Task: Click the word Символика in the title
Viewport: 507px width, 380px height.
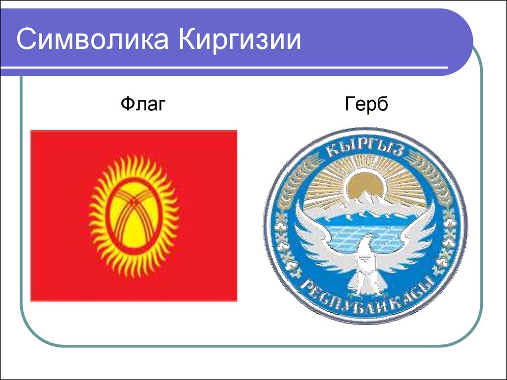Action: pos(93,40)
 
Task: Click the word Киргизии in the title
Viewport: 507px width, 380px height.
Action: pos(240,40)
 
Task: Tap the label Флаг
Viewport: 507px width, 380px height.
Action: pos(143,104)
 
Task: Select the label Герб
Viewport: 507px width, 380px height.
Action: pos(366,104)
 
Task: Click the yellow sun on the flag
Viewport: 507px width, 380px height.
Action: pos(134,216)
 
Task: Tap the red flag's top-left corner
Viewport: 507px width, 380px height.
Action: pos(30,131)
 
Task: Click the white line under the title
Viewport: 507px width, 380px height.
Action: pos(224,68)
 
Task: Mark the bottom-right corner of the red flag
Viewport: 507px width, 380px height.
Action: pos(237,301)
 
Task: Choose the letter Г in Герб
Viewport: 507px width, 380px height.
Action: pos(350,104)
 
